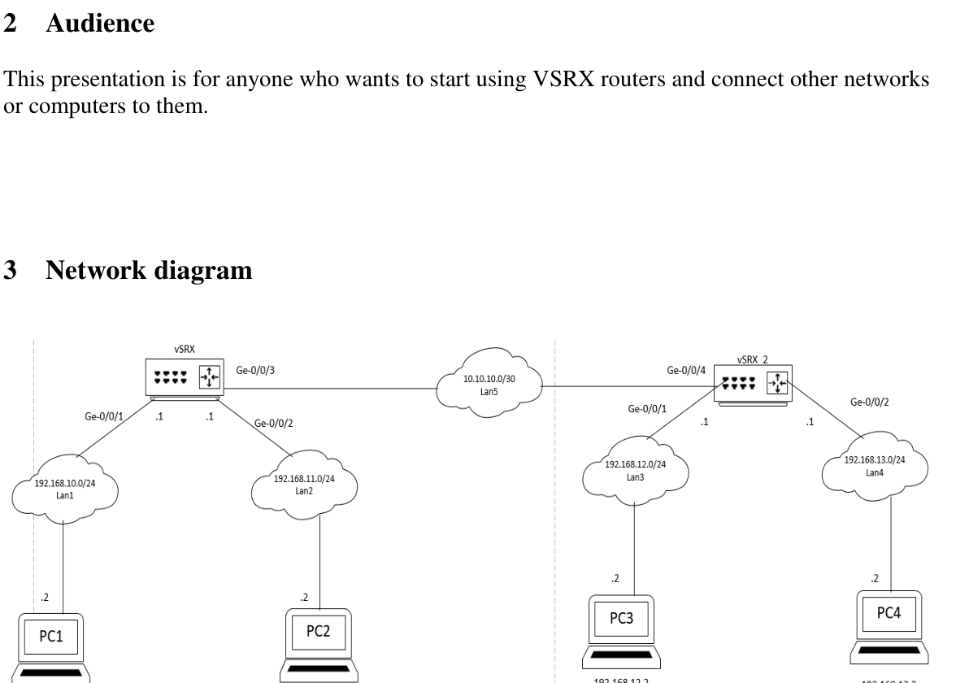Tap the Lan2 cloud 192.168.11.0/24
pyautogui.click(x=304, y=483)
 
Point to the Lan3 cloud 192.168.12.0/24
pyautogui.click(x=636, y=470)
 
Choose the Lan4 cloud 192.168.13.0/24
pyautogui.click(x=874, y=464)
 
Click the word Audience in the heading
pyautogui.click(x=100, y=24)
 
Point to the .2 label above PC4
pyautogui.click(x=875, y=578)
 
